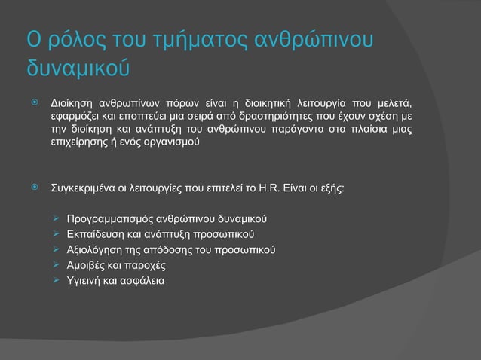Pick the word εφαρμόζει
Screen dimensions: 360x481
click(74, 116)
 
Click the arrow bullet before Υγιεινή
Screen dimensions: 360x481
click(55, 281)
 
